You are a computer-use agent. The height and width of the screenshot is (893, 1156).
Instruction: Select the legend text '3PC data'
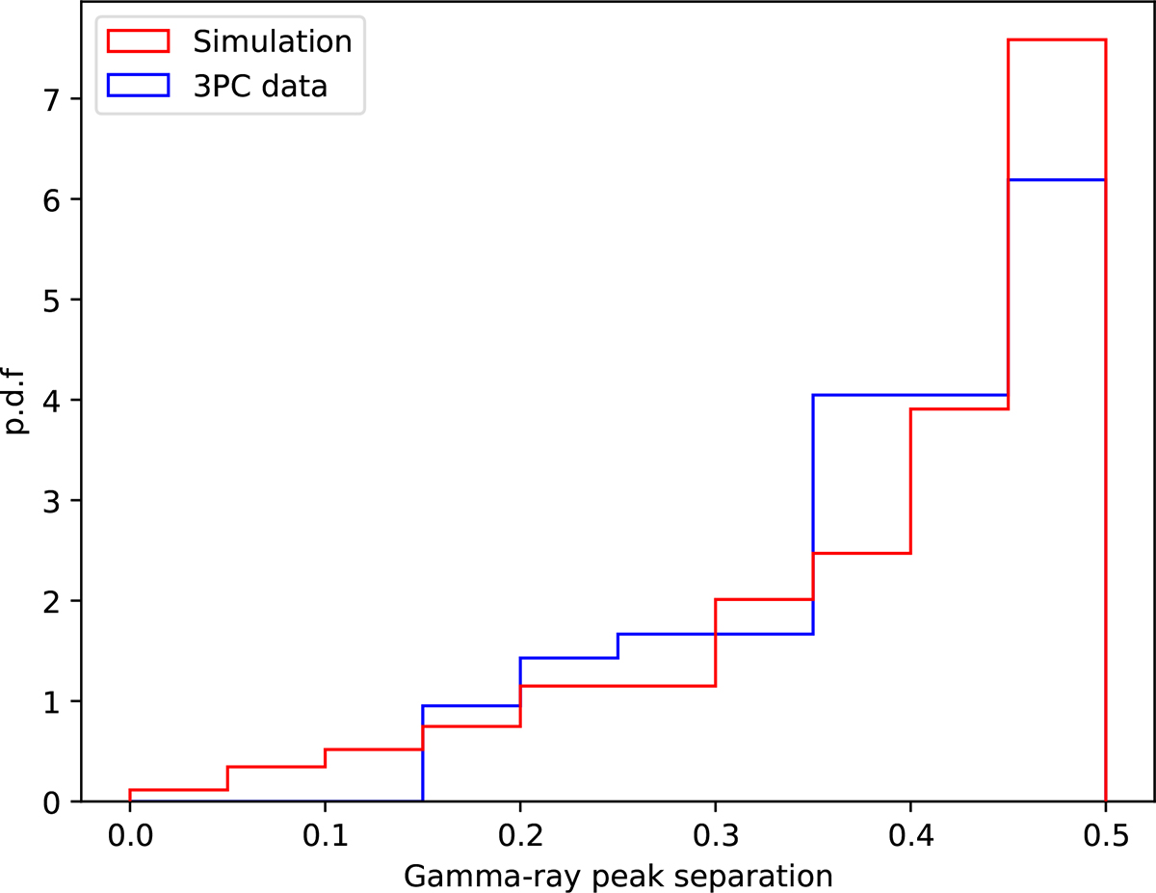point(260,86)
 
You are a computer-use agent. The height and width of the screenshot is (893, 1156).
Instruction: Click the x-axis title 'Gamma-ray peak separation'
point(617,875)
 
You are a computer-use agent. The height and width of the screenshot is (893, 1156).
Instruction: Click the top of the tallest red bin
point(1057,39)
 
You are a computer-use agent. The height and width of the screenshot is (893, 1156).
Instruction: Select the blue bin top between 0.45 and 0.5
point(1057,179)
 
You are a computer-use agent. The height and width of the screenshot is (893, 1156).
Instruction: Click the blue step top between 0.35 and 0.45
point(910,395)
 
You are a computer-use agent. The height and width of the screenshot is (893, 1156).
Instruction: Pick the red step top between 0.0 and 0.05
point(178,790)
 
